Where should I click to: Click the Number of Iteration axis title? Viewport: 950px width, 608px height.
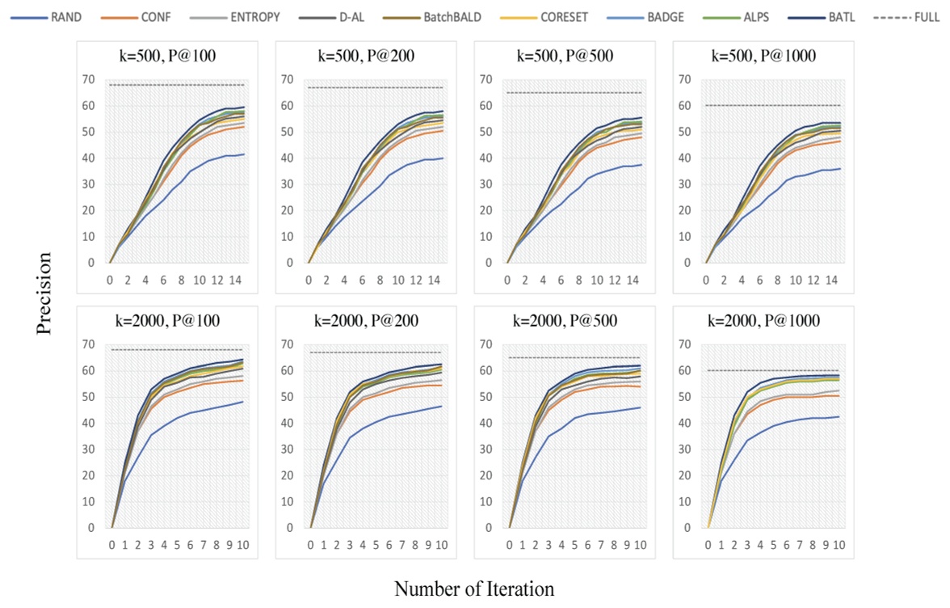point(474,588)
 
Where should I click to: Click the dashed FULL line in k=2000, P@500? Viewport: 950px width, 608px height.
point(574,357)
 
